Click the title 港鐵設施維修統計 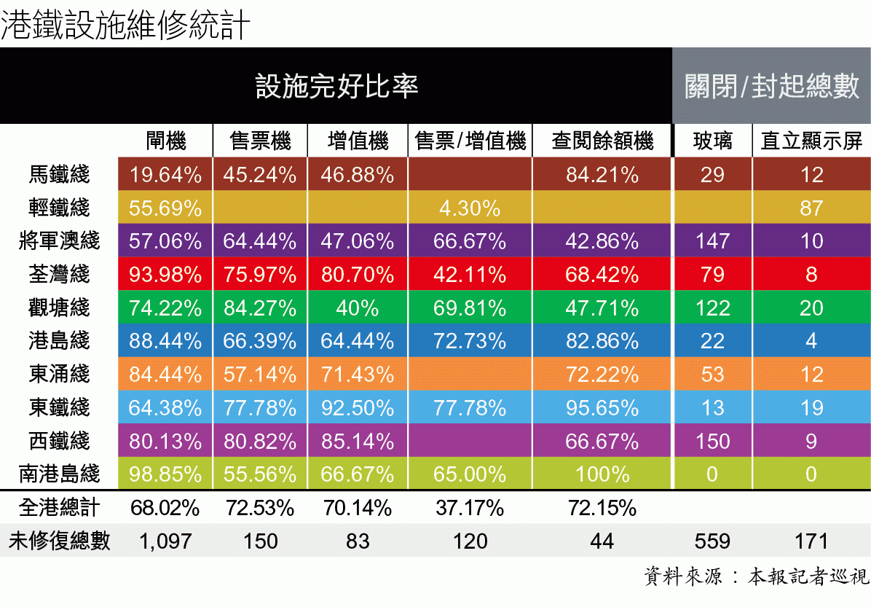[125, 26]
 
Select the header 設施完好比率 [336, 86]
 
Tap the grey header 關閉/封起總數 [771, 86]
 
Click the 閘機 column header [165, 141]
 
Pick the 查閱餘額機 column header [602, 141]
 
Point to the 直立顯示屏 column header [811, 141]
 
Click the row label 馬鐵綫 [60, 175]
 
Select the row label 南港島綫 [60, 475]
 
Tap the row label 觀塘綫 [60, 308]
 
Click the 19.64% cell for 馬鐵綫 [165, 175]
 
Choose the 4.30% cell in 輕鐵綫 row [470, 208]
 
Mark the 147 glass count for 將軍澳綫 [712, 241]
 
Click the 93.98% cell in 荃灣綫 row [165, 275]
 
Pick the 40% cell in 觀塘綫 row [357, 308]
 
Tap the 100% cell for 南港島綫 [602, 475]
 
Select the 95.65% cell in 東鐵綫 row [602, 408]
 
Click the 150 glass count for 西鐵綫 [712, 442]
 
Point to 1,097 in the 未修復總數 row [165, 541]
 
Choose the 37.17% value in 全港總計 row [470, 508]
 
